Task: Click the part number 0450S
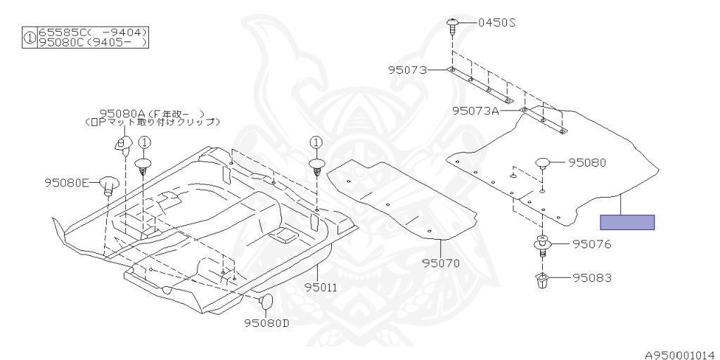pos(497,22)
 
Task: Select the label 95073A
pos(475,110)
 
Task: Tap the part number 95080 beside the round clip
pos(588,162)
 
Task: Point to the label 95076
pos(591,245)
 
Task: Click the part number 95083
pos(591,278)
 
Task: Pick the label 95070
pos(441,264)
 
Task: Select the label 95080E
pos(67,183)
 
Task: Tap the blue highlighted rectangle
pos(626,222)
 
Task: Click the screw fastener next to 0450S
pos(453,26)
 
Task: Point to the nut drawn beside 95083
pos(543,281)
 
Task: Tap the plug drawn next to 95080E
pos(108,184)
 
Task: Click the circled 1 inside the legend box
pos(30,37)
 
